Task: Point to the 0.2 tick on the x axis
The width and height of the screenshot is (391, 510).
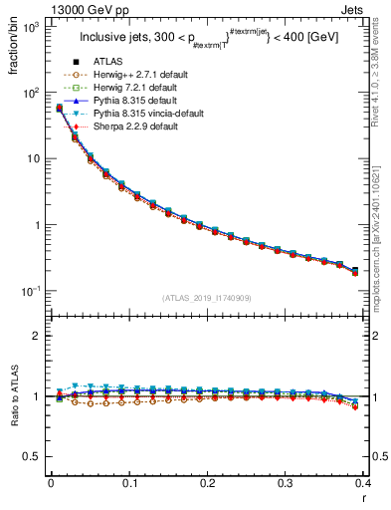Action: [x=207, y=482]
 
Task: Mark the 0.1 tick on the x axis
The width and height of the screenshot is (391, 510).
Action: [x=128, y=482]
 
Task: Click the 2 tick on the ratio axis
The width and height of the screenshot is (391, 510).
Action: [x=37, y=336]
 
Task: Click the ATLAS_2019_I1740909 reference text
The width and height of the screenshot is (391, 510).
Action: [x=207, y=298]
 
